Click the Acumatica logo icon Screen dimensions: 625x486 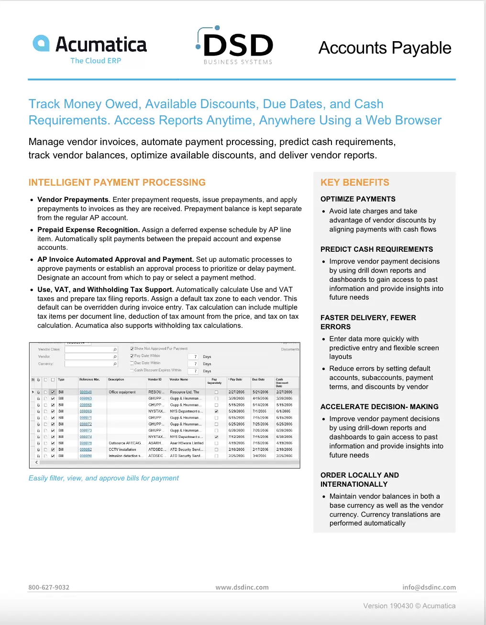(41, 43)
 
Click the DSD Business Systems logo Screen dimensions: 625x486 (235, 45)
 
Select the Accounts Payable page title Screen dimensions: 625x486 (385, 48)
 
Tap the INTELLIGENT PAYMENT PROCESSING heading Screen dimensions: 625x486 (117, 182)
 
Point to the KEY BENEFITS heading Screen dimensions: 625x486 (355, 182)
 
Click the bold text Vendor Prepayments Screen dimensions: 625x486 (73, 200)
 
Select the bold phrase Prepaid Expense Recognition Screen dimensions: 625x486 (88, 230)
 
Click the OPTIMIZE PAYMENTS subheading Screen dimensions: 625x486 (358, 199)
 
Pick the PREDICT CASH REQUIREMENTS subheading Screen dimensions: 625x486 (376, 249)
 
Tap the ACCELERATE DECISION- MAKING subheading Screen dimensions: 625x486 (379, 407)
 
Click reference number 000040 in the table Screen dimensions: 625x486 (86, 392)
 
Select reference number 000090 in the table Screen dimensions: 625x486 (86, 456)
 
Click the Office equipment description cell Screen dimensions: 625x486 (122, 392)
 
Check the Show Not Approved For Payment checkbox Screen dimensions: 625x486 (132, 349)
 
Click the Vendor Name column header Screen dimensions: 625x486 (179, 379)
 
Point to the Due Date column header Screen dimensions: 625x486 (258, 379)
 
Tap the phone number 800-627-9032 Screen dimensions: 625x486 (49, 587)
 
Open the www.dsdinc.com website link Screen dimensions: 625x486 (242, 587)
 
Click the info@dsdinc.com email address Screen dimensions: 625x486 (429, 587)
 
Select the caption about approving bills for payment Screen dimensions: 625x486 (104, 478)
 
